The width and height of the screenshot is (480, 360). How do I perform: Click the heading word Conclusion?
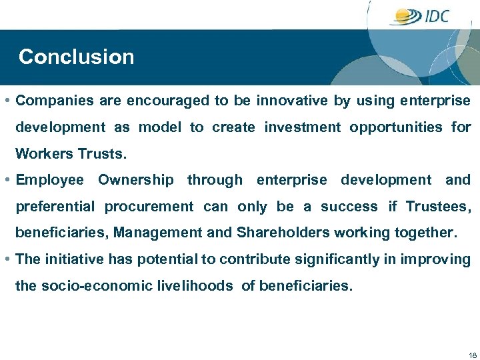click(76, 57)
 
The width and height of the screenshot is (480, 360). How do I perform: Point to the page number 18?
click(472, 355)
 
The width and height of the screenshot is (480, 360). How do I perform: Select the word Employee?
click(50, 180)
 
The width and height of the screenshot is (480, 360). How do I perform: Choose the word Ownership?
click(136, 180)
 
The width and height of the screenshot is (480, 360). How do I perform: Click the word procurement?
click(149, 207)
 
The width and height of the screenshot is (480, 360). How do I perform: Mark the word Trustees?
click(438, 207)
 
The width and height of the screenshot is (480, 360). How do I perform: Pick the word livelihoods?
click(194, 286)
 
